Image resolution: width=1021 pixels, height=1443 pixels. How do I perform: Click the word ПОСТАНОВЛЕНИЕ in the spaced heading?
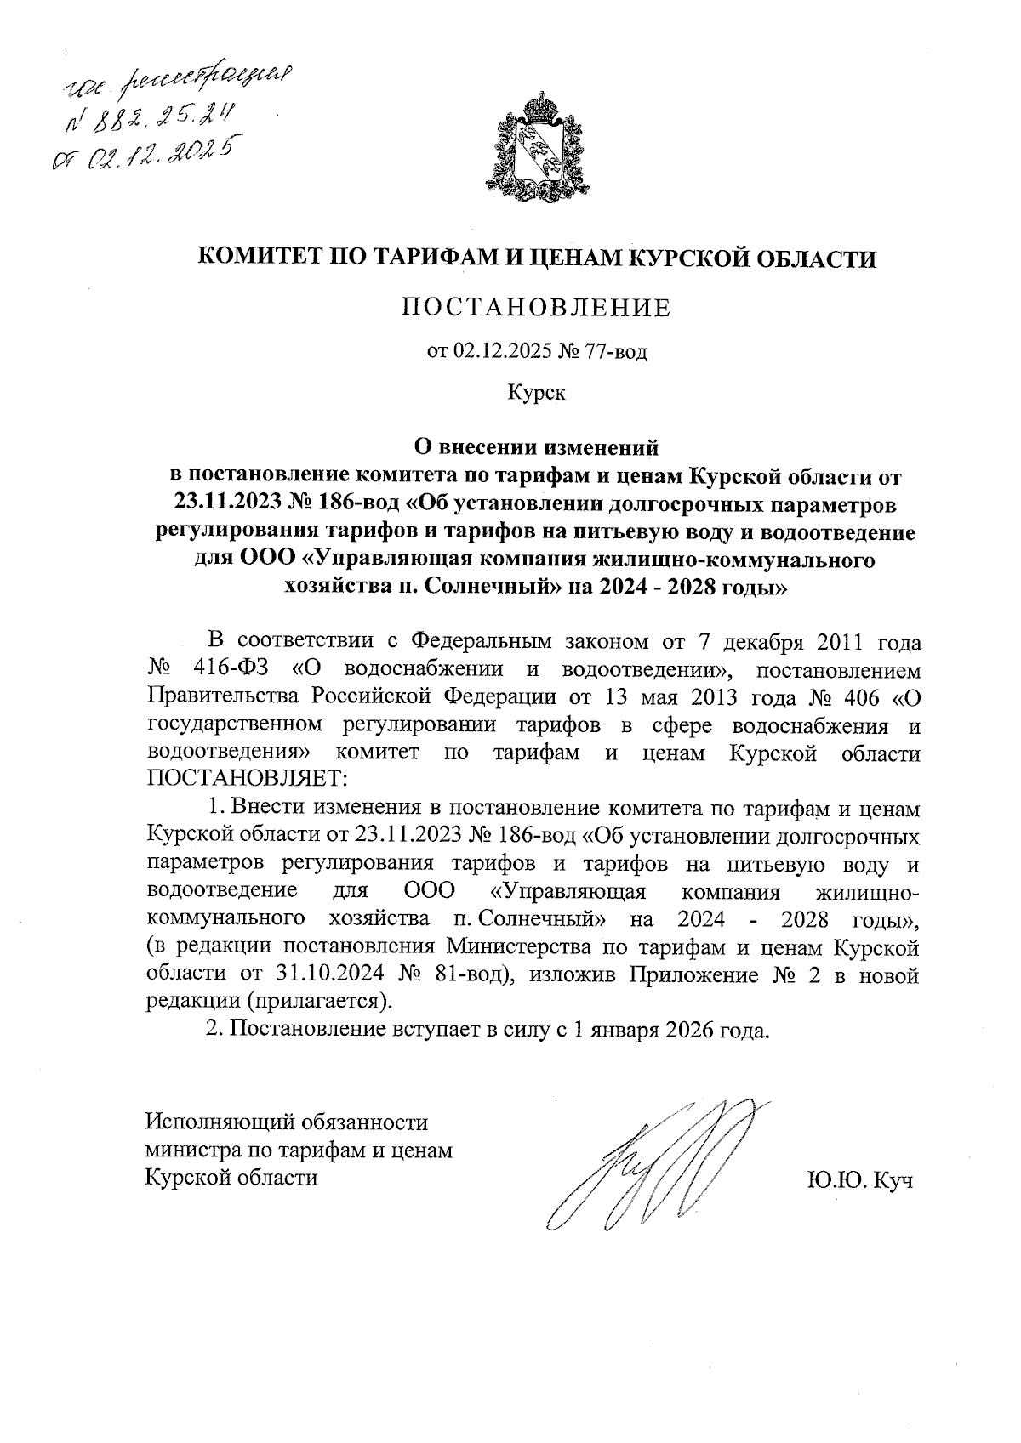pyautogui.click(x=536, y=307)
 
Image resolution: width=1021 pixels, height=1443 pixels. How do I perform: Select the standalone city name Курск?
pyautogui.click(x=536, y=393)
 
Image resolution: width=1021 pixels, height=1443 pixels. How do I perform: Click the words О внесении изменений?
pyautogui.click(x=536, y=445)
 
